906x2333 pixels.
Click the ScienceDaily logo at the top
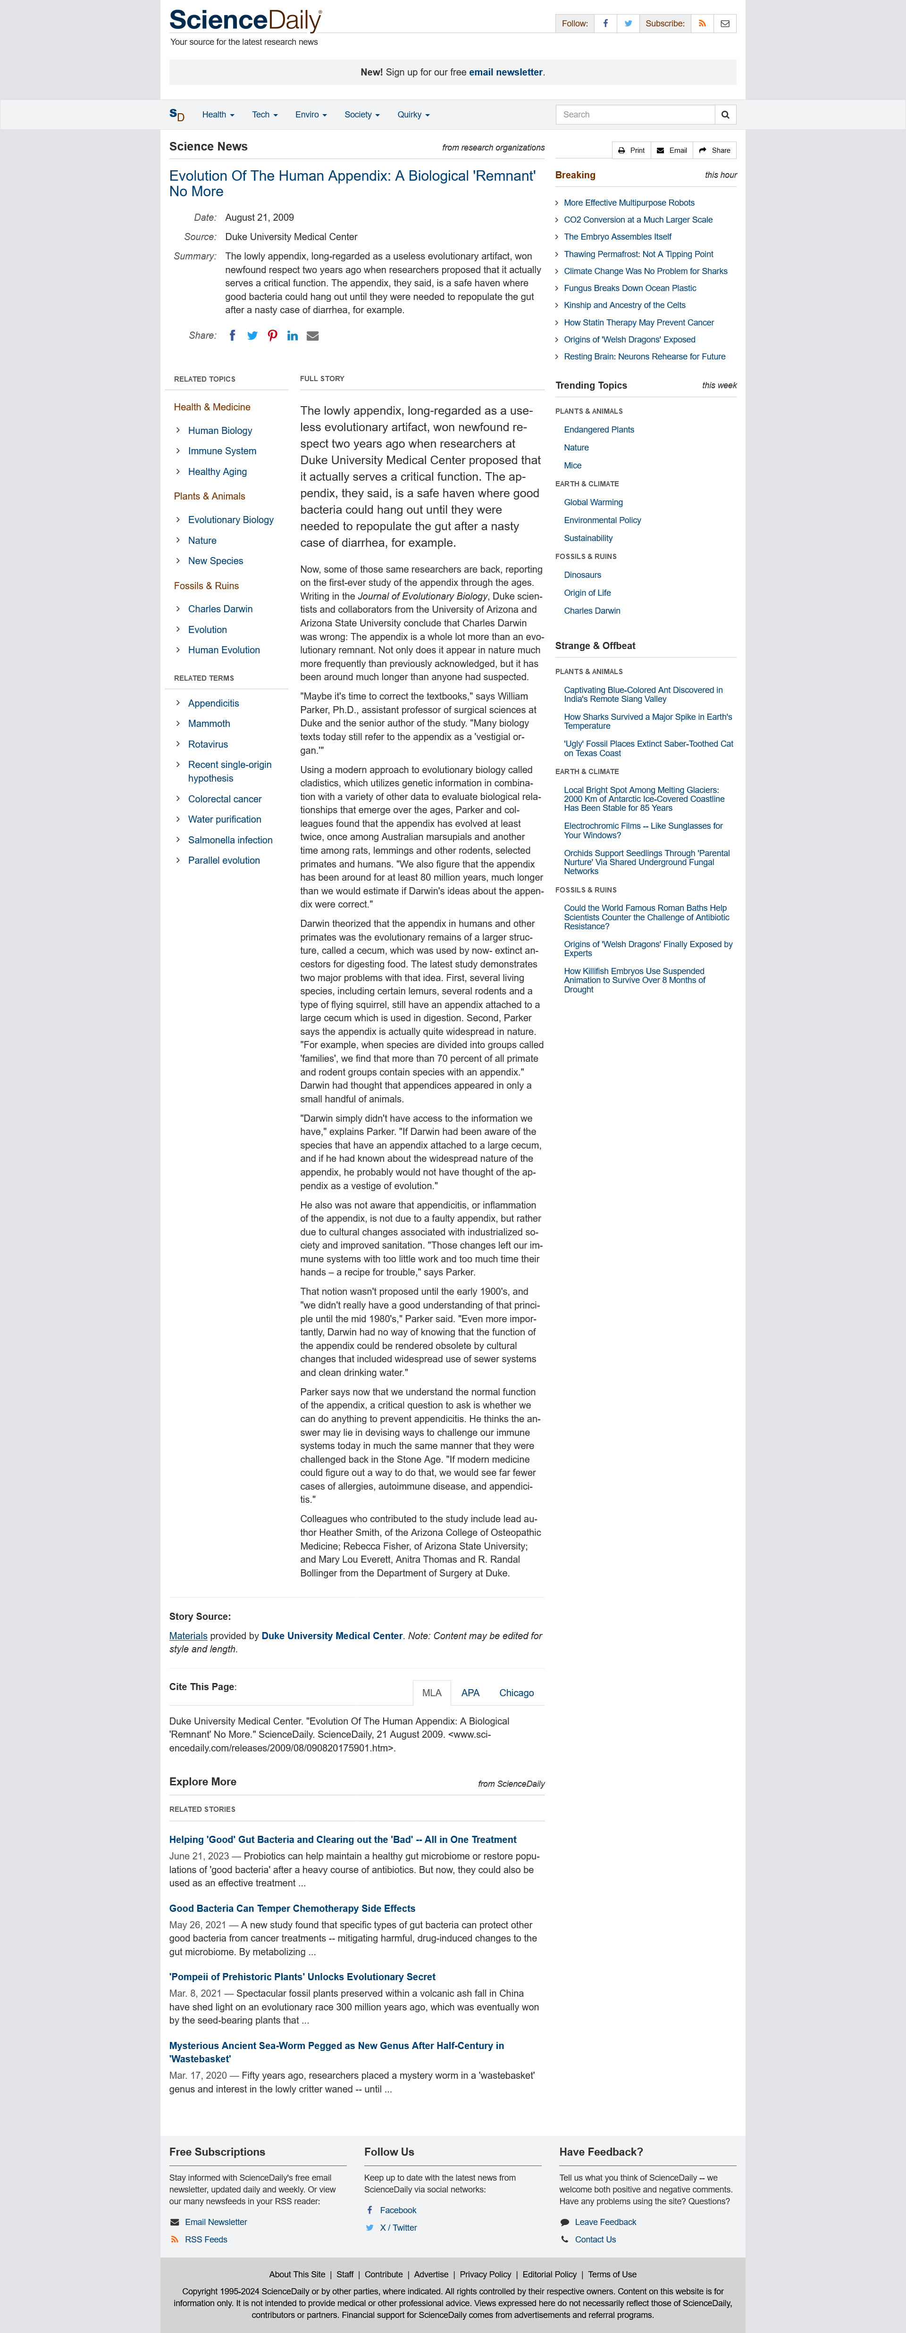(x=244, y=21)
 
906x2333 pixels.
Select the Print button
(x=631, y=150)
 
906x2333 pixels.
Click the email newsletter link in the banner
(x=505, y=73)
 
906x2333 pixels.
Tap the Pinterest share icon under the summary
(x=272, y=336)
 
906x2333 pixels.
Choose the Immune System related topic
(x=222, y=451)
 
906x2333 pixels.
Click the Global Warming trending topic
(x=594, y=503)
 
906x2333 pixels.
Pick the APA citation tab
(x=470, y=1693)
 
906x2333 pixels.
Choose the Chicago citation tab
(x=516, y=1693)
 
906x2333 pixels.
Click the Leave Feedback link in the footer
(x=605, y=2222)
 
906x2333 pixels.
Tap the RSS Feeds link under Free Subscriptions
(x=206, y=2239)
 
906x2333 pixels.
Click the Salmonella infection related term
(x=230, y=841)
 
